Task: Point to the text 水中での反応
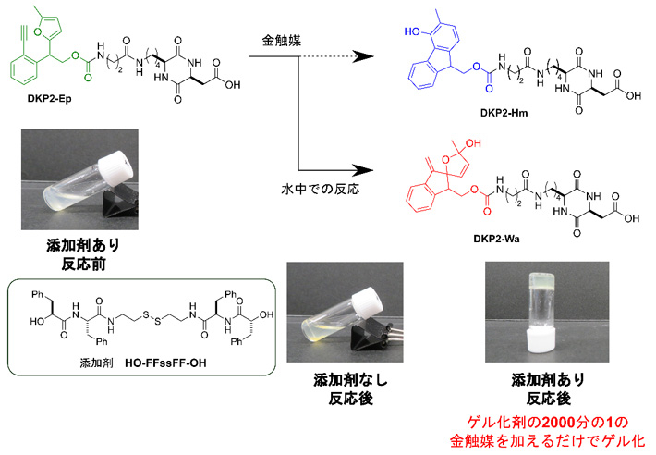pos(320,189)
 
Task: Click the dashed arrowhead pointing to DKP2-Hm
pos(368,56)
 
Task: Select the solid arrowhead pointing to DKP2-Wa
pos(368,170)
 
